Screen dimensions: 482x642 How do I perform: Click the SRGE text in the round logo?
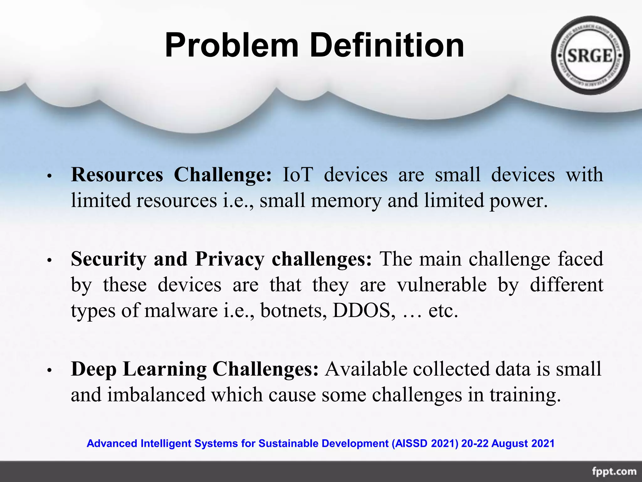click(590, 56)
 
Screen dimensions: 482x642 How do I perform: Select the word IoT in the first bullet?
click(297, 174)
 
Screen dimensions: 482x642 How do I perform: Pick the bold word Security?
click(108, 259)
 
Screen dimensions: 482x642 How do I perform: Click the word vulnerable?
click(442, 285)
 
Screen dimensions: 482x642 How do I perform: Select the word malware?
click(181, 311)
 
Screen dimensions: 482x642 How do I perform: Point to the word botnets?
click(293, 311)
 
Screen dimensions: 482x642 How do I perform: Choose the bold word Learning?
click(165, 369)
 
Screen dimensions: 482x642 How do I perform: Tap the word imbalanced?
click(156, 395)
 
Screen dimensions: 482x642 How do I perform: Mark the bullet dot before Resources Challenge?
click(49, 176)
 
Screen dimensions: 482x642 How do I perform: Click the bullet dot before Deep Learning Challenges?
click(49, 370)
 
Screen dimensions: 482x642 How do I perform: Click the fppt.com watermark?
click(614, 471)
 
